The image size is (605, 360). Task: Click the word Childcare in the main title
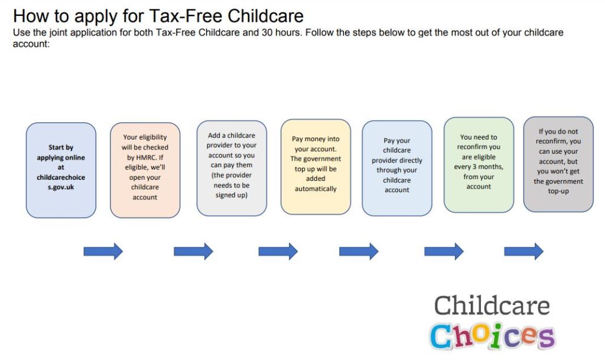265,16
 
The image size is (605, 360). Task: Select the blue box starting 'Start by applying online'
61,170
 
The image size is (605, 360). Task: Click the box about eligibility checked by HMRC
145,170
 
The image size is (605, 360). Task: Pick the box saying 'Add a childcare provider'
232,168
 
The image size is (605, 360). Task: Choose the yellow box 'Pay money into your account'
315,167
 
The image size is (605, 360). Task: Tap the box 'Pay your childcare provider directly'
397,168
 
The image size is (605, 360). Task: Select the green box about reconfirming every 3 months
479,165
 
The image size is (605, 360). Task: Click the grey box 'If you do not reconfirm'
558,164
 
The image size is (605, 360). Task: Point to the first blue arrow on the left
103,252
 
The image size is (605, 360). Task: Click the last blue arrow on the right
523,252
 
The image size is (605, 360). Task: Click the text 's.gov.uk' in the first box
61,187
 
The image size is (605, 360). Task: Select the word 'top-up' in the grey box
558,192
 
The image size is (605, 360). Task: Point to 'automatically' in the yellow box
315,189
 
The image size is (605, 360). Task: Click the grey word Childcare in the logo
492,306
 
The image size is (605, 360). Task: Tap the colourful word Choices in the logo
492,336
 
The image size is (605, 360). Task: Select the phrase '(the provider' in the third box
232,175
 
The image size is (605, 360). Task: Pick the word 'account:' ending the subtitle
31,44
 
